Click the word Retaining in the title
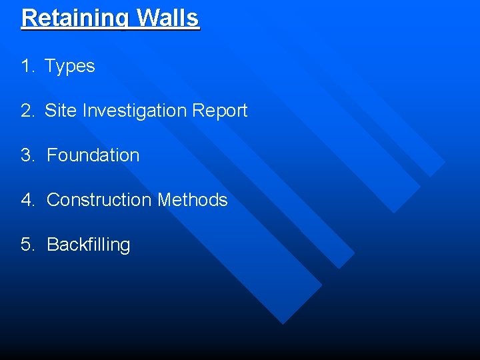tap(76, 18)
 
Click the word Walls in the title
tap(168, 17)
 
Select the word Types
tap(70, 67)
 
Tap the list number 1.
tap(26, 66)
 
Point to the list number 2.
tap(27, 111)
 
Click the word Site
tap(61, 111)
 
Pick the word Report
tap(219, 111)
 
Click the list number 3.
tap(27, 155)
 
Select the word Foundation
tap(93, 155)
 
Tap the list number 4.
tap(27, 200)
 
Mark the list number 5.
tap(27, 245)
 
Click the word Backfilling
tap(89, 245)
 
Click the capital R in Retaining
tap(29, 17)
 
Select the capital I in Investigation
tap(85, 111)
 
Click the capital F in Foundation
tap(51, 155)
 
